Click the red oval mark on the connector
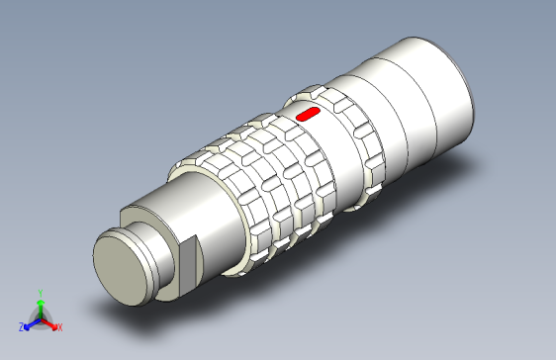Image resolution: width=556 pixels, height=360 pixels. [308, 114]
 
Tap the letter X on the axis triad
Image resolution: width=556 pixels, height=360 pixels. [59, 326]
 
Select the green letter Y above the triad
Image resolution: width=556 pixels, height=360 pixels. [40, 293]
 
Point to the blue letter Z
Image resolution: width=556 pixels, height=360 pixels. [21, 325]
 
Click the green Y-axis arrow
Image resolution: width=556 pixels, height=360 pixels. [40, 306]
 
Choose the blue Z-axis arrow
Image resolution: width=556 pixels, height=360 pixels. [30, 323]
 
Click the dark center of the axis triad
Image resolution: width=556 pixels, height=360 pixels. [40, 318]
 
